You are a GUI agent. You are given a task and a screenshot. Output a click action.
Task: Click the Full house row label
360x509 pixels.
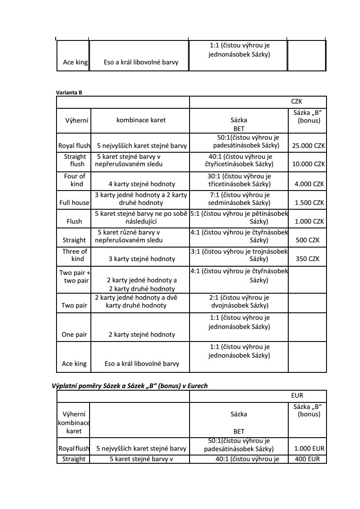click(74, 203)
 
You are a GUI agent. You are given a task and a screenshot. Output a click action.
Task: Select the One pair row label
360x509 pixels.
click(74, 335)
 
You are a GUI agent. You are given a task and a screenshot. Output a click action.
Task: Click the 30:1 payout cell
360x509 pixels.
click(239, 180)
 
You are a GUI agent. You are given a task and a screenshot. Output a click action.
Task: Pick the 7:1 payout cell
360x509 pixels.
click(239, 199)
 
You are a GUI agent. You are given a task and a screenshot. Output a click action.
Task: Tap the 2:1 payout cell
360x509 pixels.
click(239, 301)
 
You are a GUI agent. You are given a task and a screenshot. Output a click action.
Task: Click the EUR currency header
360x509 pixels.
click(297, 396)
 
